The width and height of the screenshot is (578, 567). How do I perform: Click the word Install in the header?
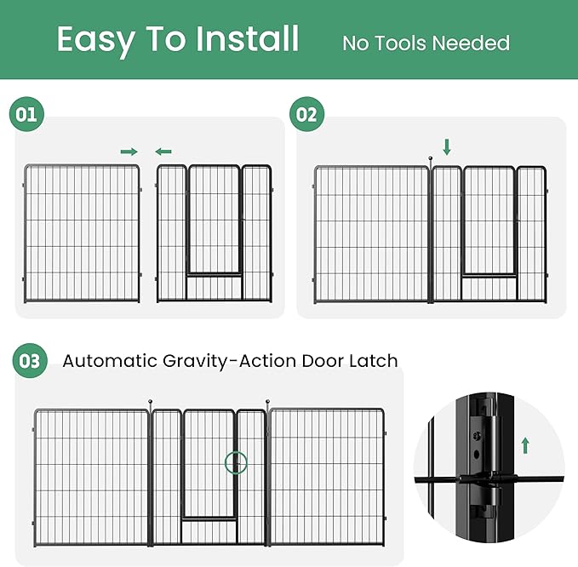(247, 39)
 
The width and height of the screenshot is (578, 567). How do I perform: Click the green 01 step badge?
(26, 114)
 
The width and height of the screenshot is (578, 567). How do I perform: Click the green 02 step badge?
(306, 114)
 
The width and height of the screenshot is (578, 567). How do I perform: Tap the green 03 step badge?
(30, 361)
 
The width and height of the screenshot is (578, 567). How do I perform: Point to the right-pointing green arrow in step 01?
(129, 152)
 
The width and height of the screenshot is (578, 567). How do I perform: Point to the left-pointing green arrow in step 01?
(163, 152)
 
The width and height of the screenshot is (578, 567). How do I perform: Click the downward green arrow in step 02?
(446, 146)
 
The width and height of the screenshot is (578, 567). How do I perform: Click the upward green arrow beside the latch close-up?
(525, 444)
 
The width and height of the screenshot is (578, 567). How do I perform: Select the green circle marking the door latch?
(235, 463)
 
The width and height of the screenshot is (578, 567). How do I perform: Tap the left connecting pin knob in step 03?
(151, 401)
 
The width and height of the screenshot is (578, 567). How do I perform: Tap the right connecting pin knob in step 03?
(268, 401)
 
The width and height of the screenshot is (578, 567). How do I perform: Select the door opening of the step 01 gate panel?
(214, 221)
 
